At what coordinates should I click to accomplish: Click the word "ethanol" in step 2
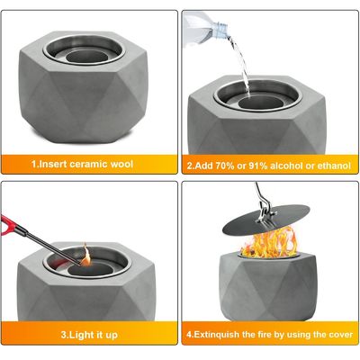(x=333, y=166)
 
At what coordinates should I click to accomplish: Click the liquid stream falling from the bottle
(x=241, y=65)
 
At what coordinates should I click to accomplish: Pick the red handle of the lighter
(x=8, y=224)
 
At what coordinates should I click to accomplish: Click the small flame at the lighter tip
(x=85, y=256)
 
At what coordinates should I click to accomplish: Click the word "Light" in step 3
(x=82, y=335)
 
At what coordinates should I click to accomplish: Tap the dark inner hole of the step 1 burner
(x=85, y=56)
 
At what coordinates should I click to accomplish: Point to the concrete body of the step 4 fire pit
(x=268, y=288)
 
